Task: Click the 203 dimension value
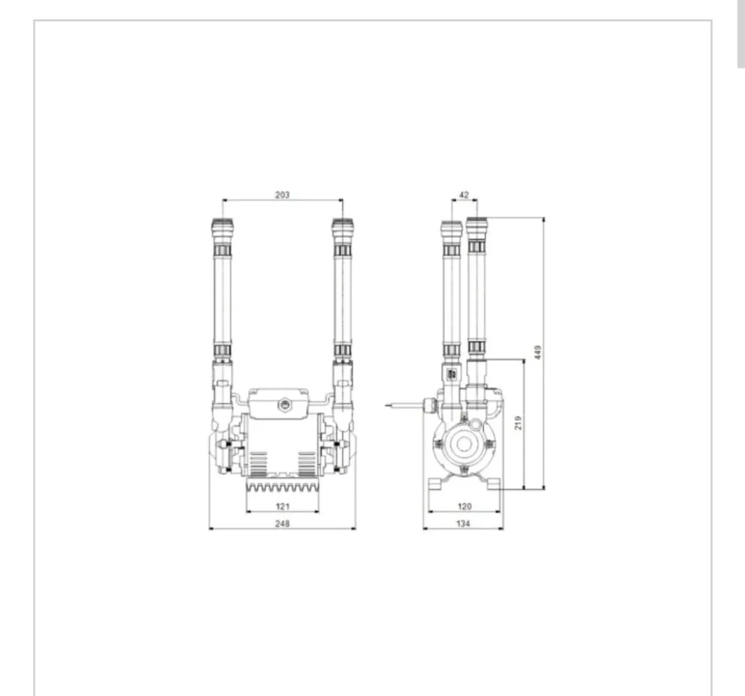(282, 195)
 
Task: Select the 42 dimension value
(464, 195)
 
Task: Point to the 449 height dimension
(538, 352)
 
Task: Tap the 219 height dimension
(518, 422)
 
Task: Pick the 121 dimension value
(282, 506)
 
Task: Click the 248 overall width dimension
(282, 524)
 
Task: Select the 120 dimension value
(464, 506)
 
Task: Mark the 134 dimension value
(463, 524)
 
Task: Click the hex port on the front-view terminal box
(284, 405)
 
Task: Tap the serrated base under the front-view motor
(282, 485)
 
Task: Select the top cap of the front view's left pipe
(223, 228)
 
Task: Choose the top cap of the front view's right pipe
(342, 228)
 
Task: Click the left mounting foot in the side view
(436, 484)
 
